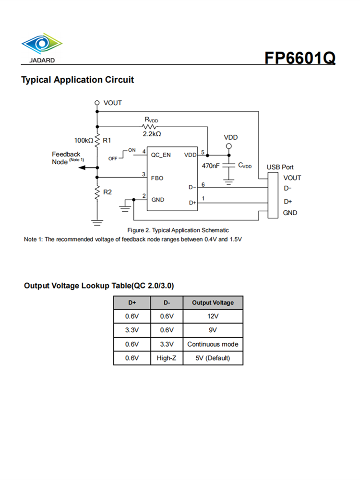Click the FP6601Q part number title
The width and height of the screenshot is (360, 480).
coord(300,58)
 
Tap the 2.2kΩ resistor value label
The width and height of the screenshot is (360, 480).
coord(152,134)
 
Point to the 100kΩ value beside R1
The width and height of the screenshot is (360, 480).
coord(84,141)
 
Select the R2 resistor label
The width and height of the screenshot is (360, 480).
coord(108,192)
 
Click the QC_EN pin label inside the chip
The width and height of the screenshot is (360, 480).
coord(161,155)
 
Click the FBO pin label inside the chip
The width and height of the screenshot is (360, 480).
coord(157,178)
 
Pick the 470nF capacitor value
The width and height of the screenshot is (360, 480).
coord(211,166)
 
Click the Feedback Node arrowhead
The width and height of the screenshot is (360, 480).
coord(82,168)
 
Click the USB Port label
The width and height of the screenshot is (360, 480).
coord(280,167)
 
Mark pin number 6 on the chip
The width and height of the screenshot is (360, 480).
coord(203,185)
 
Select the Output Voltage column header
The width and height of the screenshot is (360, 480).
coord(213,302)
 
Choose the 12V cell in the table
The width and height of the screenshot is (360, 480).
coord(213,316)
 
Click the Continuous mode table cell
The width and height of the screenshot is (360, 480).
coord(213,344)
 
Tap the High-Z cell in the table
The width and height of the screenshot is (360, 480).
coord(166,358)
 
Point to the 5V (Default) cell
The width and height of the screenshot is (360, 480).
coord(213,358)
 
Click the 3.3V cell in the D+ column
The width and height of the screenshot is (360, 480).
coord(132,330)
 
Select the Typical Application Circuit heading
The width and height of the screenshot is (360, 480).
coord(78,80)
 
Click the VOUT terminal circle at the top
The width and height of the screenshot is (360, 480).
coord(97,103)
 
